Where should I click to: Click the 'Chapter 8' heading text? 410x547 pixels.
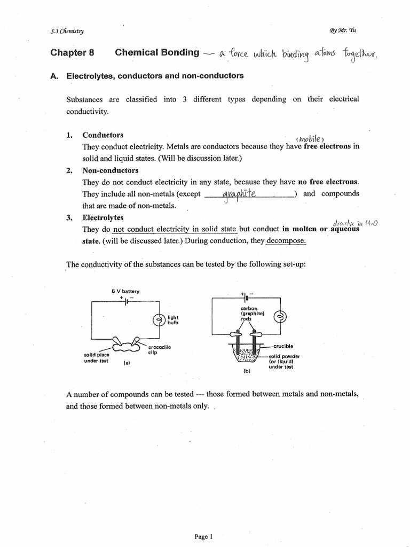tap(72, 53)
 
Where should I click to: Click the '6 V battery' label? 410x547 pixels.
tap(125, 291)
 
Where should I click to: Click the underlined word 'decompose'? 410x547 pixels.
tap(287, 240)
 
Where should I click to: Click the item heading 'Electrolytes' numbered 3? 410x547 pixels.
tap(102, 218)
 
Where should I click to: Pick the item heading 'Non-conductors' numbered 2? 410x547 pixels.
tap(110, 170)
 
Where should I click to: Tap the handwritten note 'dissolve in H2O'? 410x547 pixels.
tap(354, 223)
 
